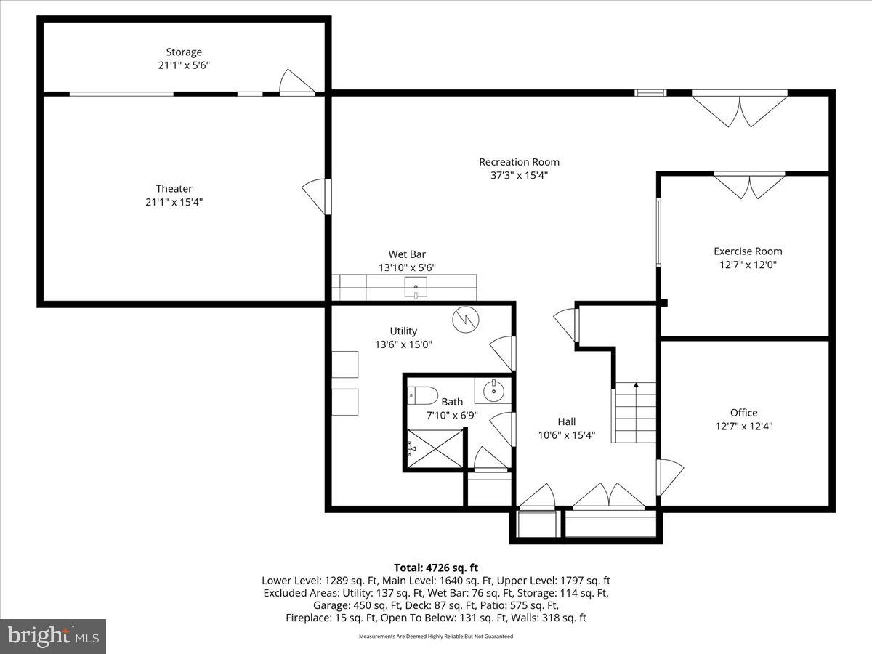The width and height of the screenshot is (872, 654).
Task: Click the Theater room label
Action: point(174,189)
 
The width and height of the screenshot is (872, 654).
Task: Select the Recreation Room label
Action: point(519,162)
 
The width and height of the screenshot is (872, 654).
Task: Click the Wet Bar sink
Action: point(416,288)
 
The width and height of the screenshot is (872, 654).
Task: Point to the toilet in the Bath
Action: point(421,396)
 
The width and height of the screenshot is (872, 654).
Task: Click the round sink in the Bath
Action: point(493,391)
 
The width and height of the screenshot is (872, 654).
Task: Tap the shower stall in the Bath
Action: point(434,449)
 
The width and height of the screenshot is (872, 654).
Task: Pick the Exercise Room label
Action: point(748,251)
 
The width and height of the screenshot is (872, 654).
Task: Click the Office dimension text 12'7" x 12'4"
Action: point(743,427)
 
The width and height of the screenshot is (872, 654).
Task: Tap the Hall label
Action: point(566,421)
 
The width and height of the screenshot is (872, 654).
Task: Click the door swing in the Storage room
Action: point(296,81)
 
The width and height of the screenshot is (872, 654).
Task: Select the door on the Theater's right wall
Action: point(316,196)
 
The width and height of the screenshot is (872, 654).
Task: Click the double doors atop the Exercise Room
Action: point(748,185)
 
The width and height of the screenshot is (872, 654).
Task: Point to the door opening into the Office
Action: point(670,477)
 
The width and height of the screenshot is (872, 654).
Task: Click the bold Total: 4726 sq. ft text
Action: point(435,568)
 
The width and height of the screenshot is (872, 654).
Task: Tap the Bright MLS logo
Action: point(53,636)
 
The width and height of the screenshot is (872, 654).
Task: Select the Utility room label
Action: point(403,331)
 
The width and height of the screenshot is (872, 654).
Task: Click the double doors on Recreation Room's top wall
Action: point(739,108)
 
